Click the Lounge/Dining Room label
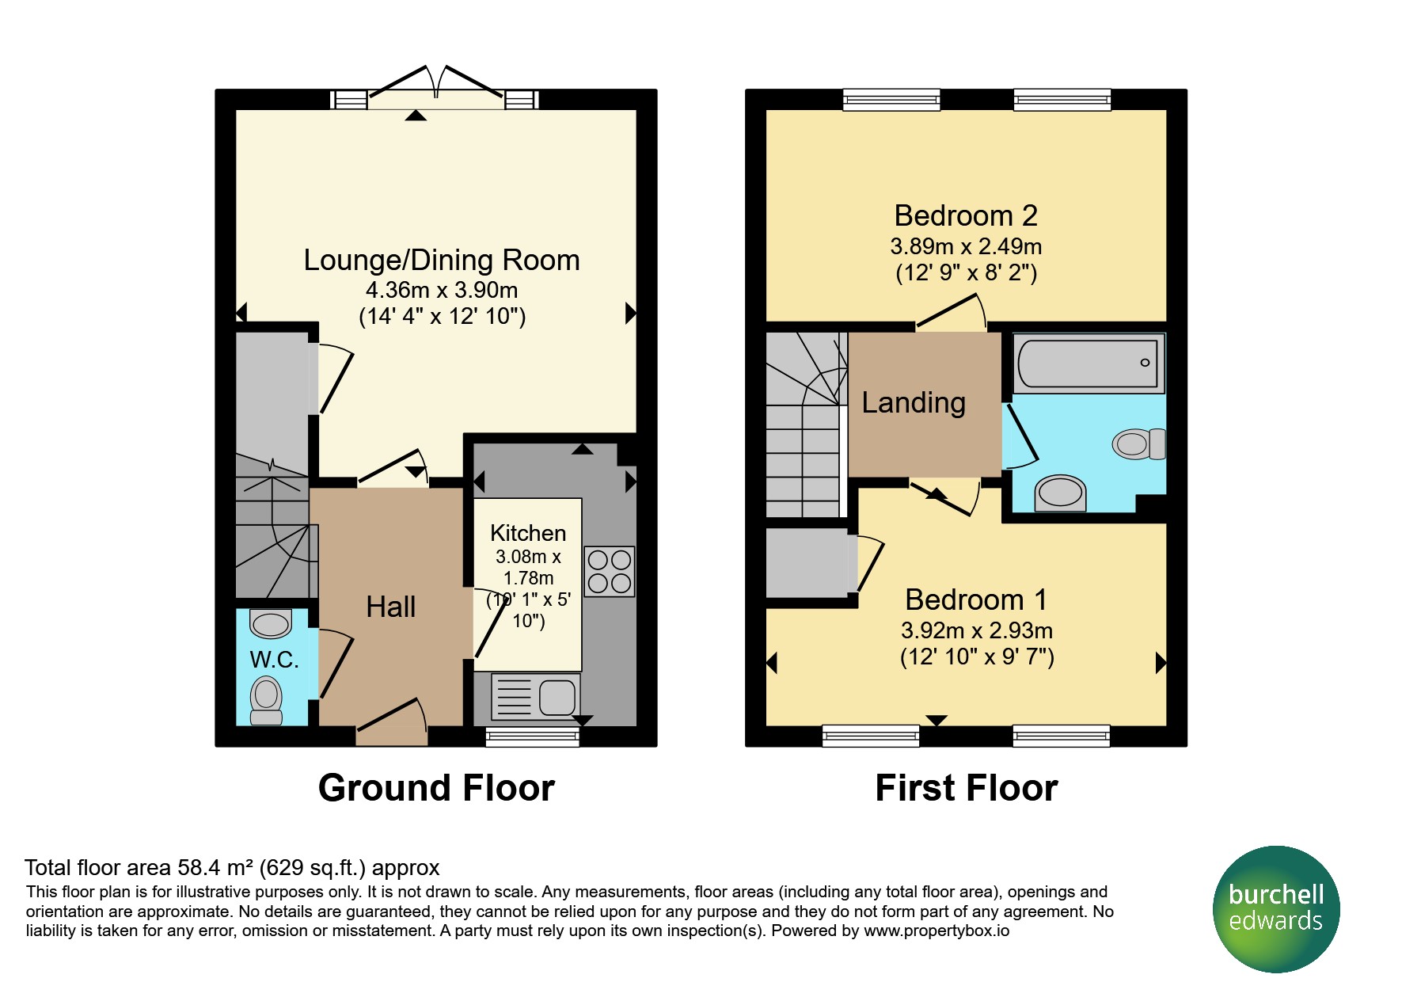442,260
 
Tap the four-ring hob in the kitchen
610,571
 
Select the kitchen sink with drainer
536,697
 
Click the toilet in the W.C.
267,700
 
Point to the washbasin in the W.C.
271,623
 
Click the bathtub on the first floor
1089,363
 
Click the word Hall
391,607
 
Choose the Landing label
914,402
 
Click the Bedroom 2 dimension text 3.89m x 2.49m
966,246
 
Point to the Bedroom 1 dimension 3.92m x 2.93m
977,630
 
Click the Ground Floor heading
436,788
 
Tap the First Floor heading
967,788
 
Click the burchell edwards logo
1276,908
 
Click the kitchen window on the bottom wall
532,736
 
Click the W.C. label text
274,660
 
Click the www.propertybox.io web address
937,931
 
